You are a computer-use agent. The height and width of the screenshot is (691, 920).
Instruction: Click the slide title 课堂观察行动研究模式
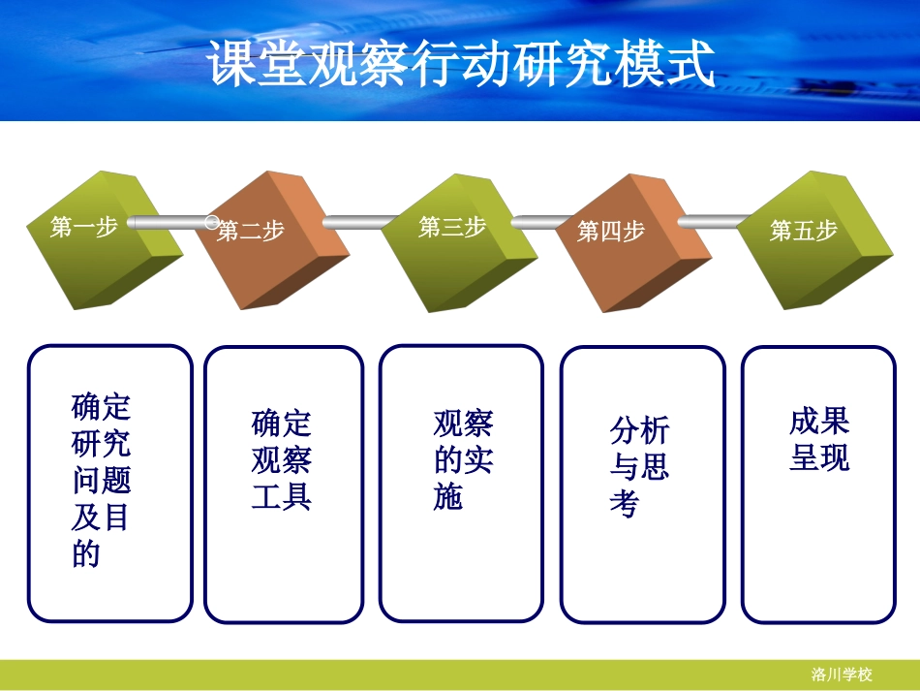pos(461,64)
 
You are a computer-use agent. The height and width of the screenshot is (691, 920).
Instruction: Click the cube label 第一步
pos(84,228)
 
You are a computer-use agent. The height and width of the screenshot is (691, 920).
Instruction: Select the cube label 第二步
pos(251,231)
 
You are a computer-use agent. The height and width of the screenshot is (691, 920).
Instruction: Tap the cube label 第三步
pos(452,227)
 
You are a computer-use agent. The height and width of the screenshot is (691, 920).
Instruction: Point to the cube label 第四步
pos(611,231)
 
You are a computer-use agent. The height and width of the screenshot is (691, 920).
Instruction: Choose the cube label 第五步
pos(804,231)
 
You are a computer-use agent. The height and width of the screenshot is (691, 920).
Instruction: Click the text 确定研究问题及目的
pos(101,480)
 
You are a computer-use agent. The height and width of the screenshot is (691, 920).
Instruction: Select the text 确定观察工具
pos(282,459)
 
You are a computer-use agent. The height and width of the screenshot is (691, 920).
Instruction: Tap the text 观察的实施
pos(463,459)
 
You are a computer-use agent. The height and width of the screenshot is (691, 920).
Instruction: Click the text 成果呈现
pos(819,439)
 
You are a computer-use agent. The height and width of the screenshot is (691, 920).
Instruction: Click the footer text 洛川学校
pos(842,675)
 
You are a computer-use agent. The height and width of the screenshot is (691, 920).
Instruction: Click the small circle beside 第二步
pos(212,222)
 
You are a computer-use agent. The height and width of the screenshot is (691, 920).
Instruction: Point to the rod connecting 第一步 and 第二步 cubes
pos(165,223)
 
